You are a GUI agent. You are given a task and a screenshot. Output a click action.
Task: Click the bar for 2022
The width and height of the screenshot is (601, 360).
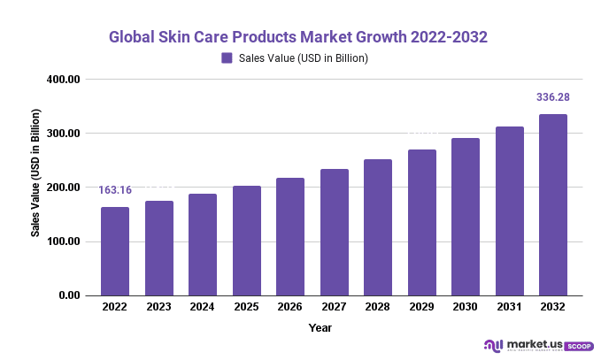pos(115,251)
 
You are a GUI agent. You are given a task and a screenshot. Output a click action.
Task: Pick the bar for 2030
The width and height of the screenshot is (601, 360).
pos(466,217)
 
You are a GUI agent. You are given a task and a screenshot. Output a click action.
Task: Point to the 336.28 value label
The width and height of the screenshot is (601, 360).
pos(553,97)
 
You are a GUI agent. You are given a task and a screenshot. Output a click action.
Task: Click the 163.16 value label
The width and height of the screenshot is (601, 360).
pos(115,189)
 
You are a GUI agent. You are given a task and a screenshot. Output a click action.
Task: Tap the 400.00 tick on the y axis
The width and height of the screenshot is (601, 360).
pos(65,80)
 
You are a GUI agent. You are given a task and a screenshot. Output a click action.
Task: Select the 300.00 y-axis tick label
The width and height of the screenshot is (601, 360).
pos(65,134)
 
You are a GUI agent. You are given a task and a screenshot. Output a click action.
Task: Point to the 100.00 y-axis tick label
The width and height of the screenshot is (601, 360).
pos(65,241)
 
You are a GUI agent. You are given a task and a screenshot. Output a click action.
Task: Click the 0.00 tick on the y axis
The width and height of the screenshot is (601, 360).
pos(70,295)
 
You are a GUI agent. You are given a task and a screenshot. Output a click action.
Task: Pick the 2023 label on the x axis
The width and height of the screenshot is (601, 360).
pos(159,307)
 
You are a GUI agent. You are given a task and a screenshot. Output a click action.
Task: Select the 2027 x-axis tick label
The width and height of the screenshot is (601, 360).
pos(335,307)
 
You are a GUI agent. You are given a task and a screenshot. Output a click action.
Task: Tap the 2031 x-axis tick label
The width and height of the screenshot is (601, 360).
pos(510,307)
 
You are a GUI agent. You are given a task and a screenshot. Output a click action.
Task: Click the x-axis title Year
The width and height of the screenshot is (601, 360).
pos(320,328)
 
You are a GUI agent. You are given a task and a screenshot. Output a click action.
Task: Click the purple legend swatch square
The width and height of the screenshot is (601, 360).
pos(227,58)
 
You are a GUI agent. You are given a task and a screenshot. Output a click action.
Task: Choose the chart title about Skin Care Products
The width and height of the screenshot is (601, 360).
pos(298,38)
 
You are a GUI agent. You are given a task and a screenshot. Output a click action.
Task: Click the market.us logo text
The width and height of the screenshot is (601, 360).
pos(530,344)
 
